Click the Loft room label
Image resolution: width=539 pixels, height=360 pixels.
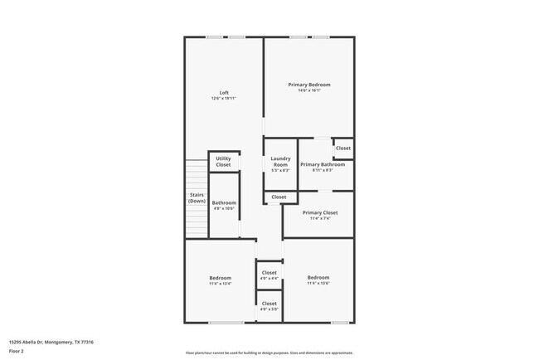click(x=224, y=92)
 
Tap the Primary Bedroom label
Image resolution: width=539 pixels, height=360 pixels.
click(x=309, y=85)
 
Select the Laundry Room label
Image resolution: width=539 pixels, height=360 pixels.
click(x=280, y=162)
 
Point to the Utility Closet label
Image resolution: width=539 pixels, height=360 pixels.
click(x=224, y=162)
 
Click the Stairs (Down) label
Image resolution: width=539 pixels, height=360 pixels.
click(x=197, y=198)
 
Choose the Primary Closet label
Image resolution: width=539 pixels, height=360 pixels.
click(x=319, y=212)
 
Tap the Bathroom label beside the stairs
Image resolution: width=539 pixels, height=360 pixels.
click(x=224, y=202)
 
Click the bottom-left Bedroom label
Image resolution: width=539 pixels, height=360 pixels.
click(x=220, y=278)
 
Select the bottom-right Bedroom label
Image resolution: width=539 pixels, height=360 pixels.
click(x=318, y=277)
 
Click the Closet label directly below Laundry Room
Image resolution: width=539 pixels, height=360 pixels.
click(x=279, y=197)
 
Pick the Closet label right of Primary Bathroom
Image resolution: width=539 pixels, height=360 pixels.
click(x=343, y=148)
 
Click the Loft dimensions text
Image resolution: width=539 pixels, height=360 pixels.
click(x=224, y=99)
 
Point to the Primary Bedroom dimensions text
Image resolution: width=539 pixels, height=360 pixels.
click(x=309, y=90)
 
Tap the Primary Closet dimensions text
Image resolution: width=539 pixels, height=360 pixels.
click(x=319, y=218)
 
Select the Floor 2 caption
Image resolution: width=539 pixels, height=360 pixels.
click(x=17, y=352)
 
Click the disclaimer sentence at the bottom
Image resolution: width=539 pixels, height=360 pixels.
click(x=269, y=352)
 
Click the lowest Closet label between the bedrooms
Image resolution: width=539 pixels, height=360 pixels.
click(x=269, y=304)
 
